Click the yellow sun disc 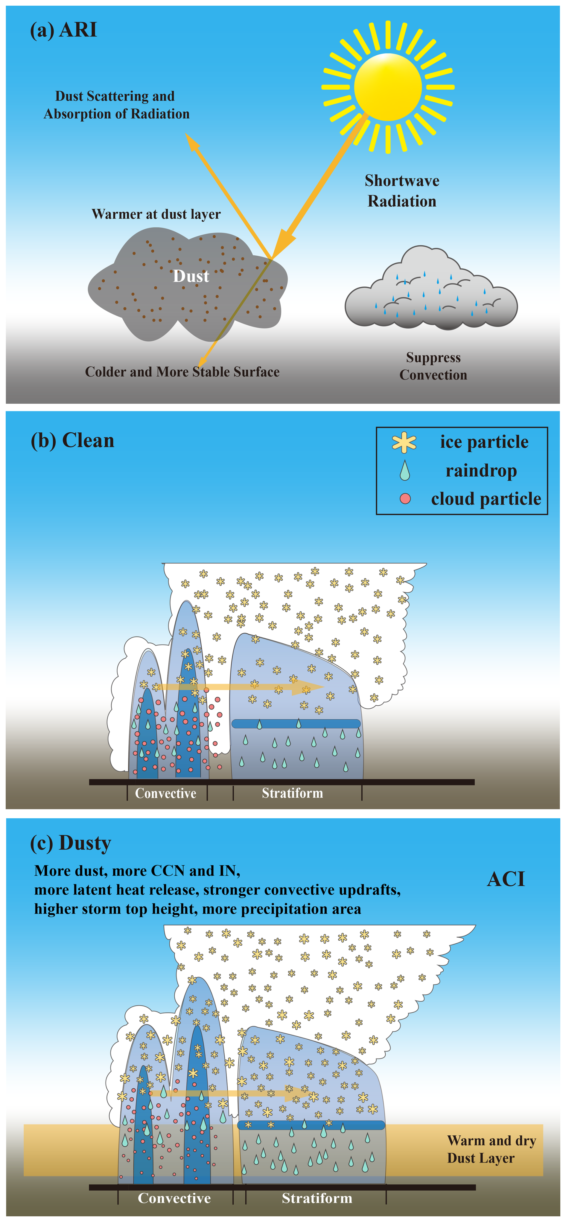pos(388,87)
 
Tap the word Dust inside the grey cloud pos(191,276)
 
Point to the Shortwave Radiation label pos(402,191)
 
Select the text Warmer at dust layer pos(156,214)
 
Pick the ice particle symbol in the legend pos(404,442)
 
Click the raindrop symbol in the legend pos(404,471)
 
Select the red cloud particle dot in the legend pos(405,498)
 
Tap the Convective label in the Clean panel pos(165,793)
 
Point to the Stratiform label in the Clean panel pos(292,793)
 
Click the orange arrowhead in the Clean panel pos(308,687)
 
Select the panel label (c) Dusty pos(71,843)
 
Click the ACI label pos(506,879)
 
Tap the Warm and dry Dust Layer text pos(491,1149)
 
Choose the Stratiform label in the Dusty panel pos(317,1198)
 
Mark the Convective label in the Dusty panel pos(174,1198)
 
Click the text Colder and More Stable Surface pos(182,372)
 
